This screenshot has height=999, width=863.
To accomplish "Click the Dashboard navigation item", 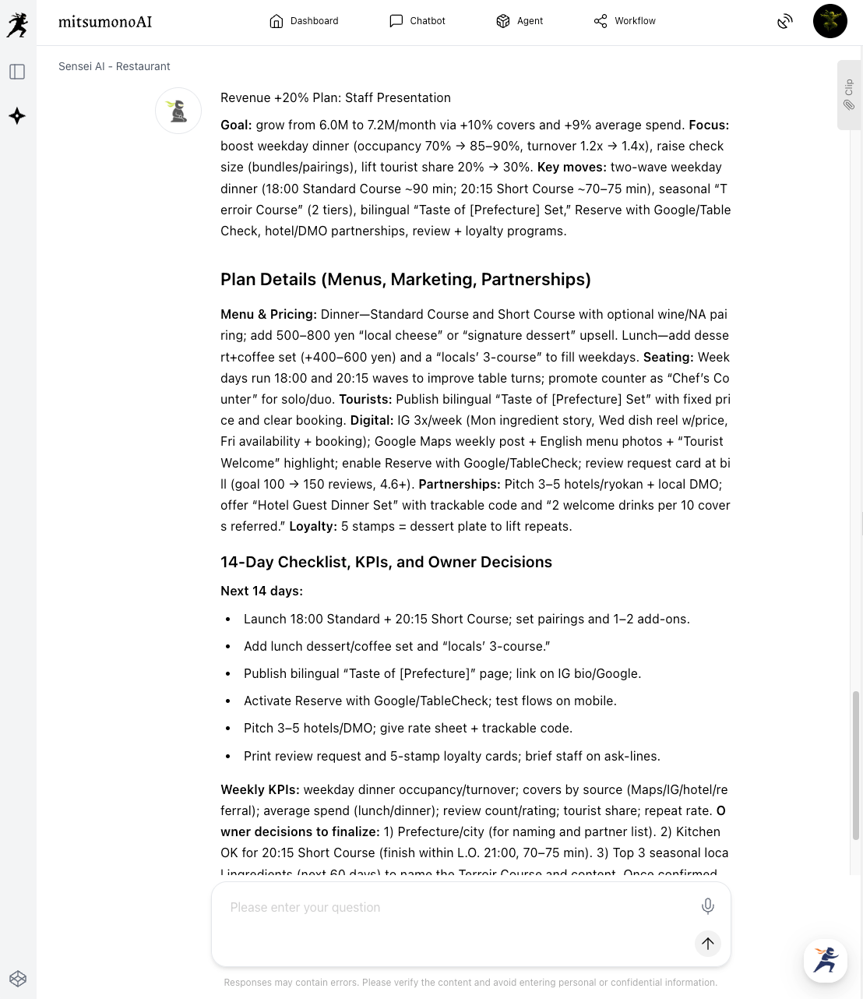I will pyautogui.click(x=304, y=21).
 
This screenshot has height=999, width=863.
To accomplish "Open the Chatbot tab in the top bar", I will pyautogui.click(x=417, y=21).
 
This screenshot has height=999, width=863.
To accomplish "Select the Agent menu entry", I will pyautogui.click(x=520, y=21).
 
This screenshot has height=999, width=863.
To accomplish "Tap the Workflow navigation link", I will pyautogui.click(x=625, y=21).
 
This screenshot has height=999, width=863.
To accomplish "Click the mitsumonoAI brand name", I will pyautogui.click(x=105, y=22).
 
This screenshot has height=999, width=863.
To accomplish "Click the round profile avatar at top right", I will pyautogui.click(x=830, y=21).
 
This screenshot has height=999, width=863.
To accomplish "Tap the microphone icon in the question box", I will pyautogui.click(x=707, y=905).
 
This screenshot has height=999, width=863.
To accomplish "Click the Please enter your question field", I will pyautogui.click(x=452, y=908).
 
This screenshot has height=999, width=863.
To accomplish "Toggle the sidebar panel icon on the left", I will pyautogui.click(x=17, y=72).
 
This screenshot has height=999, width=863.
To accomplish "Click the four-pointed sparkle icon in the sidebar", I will pyautogui.click(x=17, y=116).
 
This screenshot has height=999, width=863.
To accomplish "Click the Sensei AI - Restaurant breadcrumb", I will pyautogui.click(x=114, y=66).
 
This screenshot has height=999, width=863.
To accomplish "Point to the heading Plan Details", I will pyautogui.click(x=405, y=279).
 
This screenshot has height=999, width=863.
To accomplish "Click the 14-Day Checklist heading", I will pyautogui.click(x=386, y=562).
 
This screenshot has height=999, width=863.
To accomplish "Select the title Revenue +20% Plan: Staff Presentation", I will pyautogui.click(x=336, y=97).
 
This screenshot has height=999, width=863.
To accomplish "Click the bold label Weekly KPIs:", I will pyautogui.click(x=259, y=789).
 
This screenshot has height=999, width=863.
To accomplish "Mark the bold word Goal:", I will pyautogui.click(x=236, y=125).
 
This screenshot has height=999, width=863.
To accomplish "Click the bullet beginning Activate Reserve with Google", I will pyautogui.click(x=430, y=701).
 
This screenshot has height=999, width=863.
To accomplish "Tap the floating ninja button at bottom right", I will pyautogui.click(x=826, y=960).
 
